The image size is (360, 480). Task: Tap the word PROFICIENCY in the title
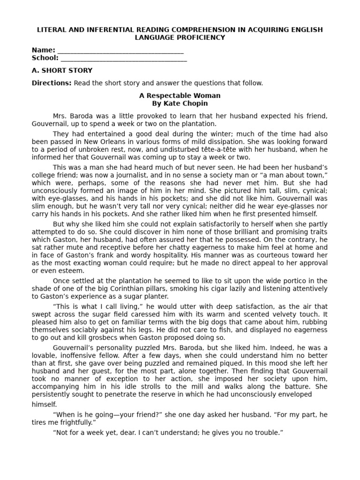pos(195,37)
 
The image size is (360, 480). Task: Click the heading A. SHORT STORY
pos(62,71)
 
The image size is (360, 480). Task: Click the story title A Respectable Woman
pos(180,96)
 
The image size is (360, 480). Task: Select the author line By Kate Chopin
pos(180,104)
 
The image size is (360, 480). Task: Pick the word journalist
pos(145,175)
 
